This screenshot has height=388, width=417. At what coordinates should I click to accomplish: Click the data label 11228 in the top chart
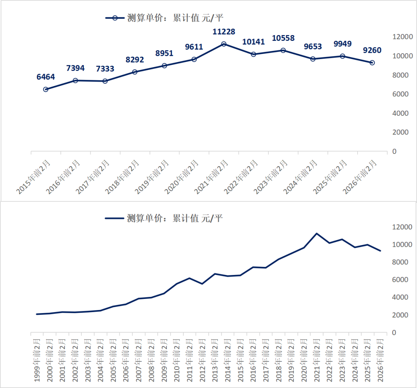[x=224, y=31]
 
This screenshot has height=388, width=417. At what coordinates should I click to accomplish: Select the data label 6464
[x=46, y=77]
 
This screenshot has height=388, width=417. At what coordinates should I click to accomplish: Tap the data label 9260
[x=372, y=50]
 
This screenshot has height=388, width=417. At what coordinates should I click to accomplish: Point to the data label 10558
[x=283, y=38]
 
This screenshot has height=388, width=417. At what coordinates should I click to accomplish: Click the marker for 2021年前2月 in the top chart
[x=224, y=44]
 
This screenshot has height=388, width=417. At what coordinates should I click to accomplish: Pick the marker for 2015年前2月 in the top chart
[x=46, y=89]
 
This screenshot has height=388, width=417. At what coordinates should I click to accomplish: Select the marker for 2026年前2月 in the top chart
[x=372, y=62]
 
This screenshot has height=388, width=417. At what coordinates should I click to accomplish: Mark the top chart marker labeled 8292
[x=135, y=72]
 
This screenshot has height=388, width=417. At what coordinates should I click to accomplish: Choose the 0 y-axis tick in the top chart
[x=394, y=152]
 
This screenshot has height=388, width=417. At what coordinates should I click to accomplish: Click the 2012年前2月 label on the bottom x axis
[x=202, y=359]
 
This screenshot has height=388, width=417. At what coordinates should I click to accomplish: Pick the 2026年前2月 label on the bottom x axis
[x=380, y=359]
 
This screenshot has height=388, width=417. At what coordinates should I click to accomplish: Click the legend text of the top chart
[x=175, y=18]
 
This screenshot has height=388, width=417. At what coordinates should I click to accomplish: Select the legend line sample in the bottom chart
[x=114, y=218]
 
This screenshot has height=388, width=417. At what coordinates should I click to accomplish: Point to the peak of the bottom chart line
[x=317, y=233]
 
